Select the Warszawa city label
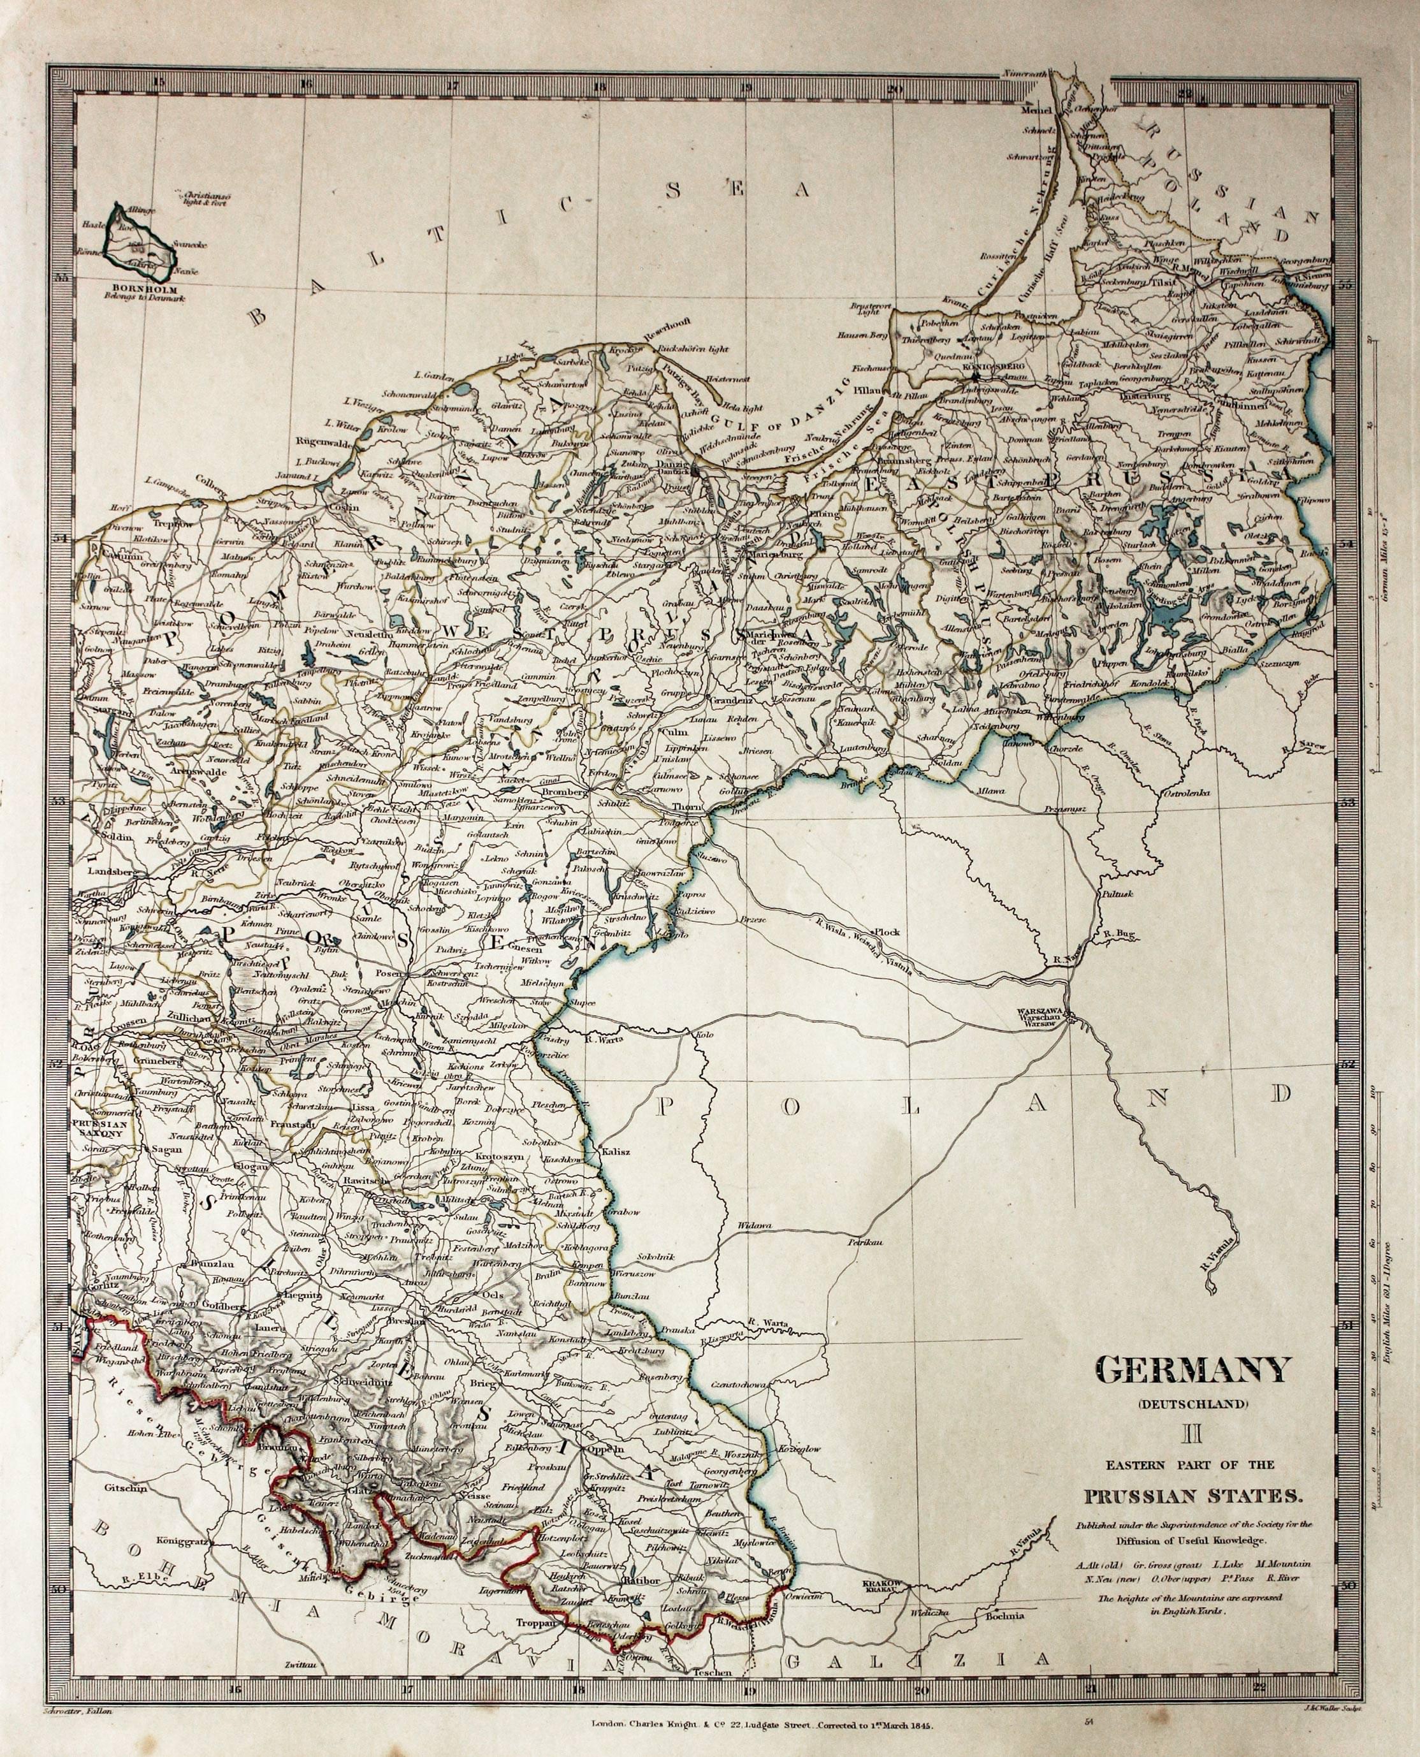coord(1039,1011)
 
